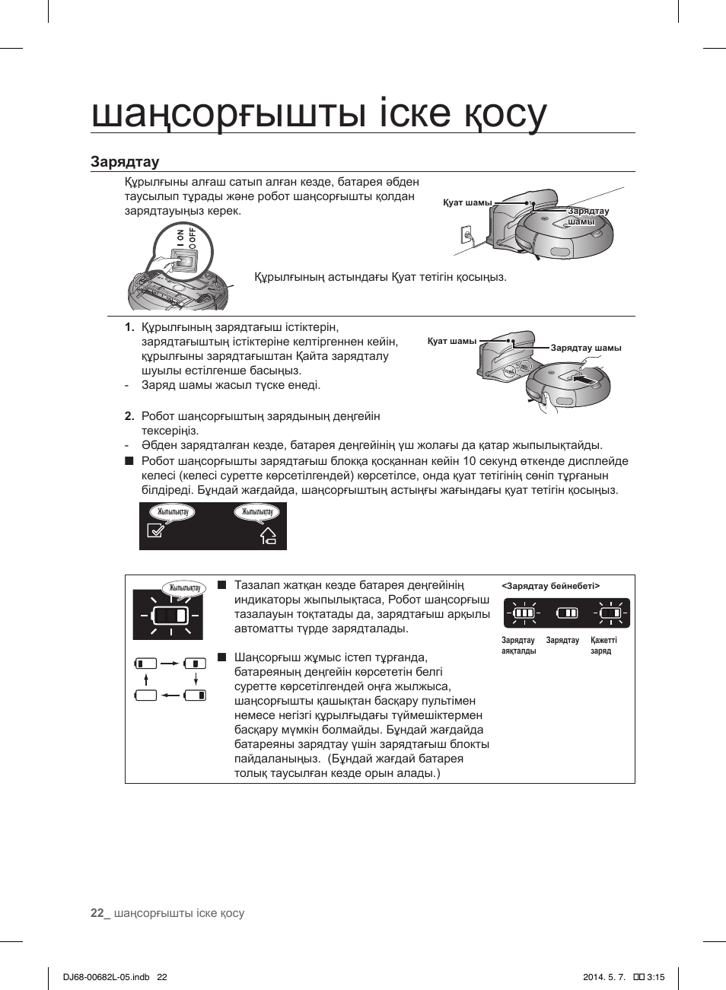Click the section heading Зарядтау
(x=125, y=161)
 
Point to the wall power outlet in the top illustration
(x=467, y=237)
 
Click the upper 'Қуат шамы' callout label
(x=467, y=202)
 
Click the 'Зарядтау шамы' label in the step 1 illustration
(x=585, y=348)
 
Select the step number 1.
(x=129, y=327)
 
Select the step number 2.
(x=129, y=416)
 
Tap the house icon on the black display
(x=268, y=536)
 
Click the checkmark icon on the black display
(x=155, y=531)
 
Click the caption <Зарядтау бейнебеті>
(x=550, y=586)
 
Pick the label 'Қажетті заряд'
(x=603, y=645)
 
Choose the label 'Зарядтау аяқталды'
(x=518, y=645)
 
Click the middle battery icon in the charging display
(x=567, y=613)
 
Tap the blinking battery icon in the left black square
(x=170, y=615)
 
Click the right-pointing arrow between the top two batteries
(x=170, y=664)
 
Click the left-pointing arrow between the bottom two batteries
(x=170, y=695)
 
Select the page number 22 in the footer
(x=97, y=913)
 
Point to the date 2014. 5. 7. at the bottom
(x=603, y=977)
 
